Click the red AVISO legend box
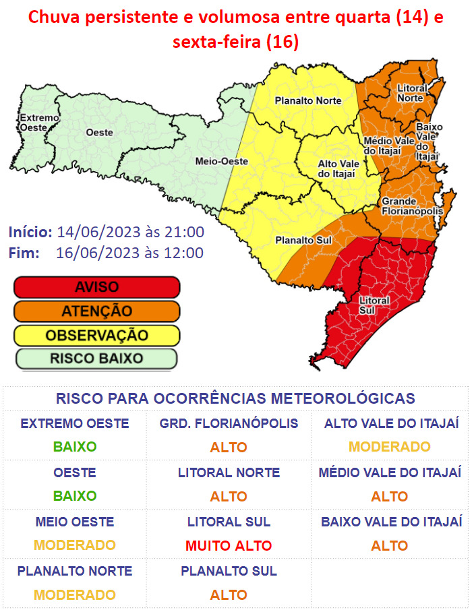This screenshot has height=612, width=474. tap(96, 287)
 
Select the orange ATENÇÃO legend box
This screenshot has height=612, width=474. tap(96, 311)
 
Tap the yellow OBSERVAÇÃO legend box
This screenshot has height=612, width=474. tap(96, 335)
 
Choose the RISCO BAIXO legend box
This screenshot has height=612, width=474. tap(96, 359)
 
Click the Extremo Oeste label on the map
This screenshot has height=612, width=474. tap(38, 123)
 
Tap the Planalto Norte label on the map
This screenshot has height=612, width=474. tap(307, 101)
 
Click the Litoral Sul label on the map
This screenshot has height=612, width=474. tap(374, 305)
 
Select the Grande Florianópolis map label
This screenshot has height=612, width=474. tap(412, 206)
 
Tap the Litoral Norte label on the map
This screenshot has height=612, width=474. tap(410, 93)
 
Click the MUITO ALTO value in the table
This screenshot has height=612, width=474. tap(229, 546)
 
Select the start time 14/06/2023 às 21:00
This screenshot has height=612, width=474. tap(130, 233)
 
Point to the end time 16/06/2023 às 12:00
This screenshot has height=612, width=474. tap(130, 253)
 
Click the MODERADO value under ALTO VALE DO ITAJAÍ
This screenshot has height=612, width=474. tap(390, 447)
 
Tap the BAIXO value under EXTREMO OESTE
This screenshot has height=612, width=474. tap(75, 447)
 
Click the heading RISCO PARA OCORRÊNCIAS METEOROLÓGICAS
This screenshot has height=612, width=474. tap(235, 398)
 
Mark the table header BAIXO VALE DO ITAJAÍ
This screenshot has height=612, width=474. tap(391, 522)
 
